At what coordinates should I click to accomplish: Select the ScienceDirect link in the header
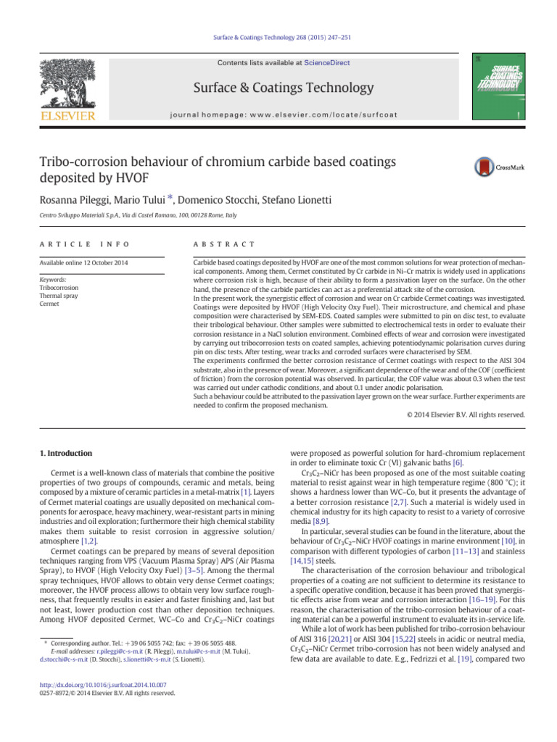(326, 63)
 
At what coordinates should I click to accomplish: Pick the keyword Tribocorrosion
(59, 288)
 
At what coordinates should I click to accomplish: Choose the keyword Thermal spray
(59, 296)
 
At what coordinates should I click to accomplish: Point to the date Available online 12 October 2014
(84, 262)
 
